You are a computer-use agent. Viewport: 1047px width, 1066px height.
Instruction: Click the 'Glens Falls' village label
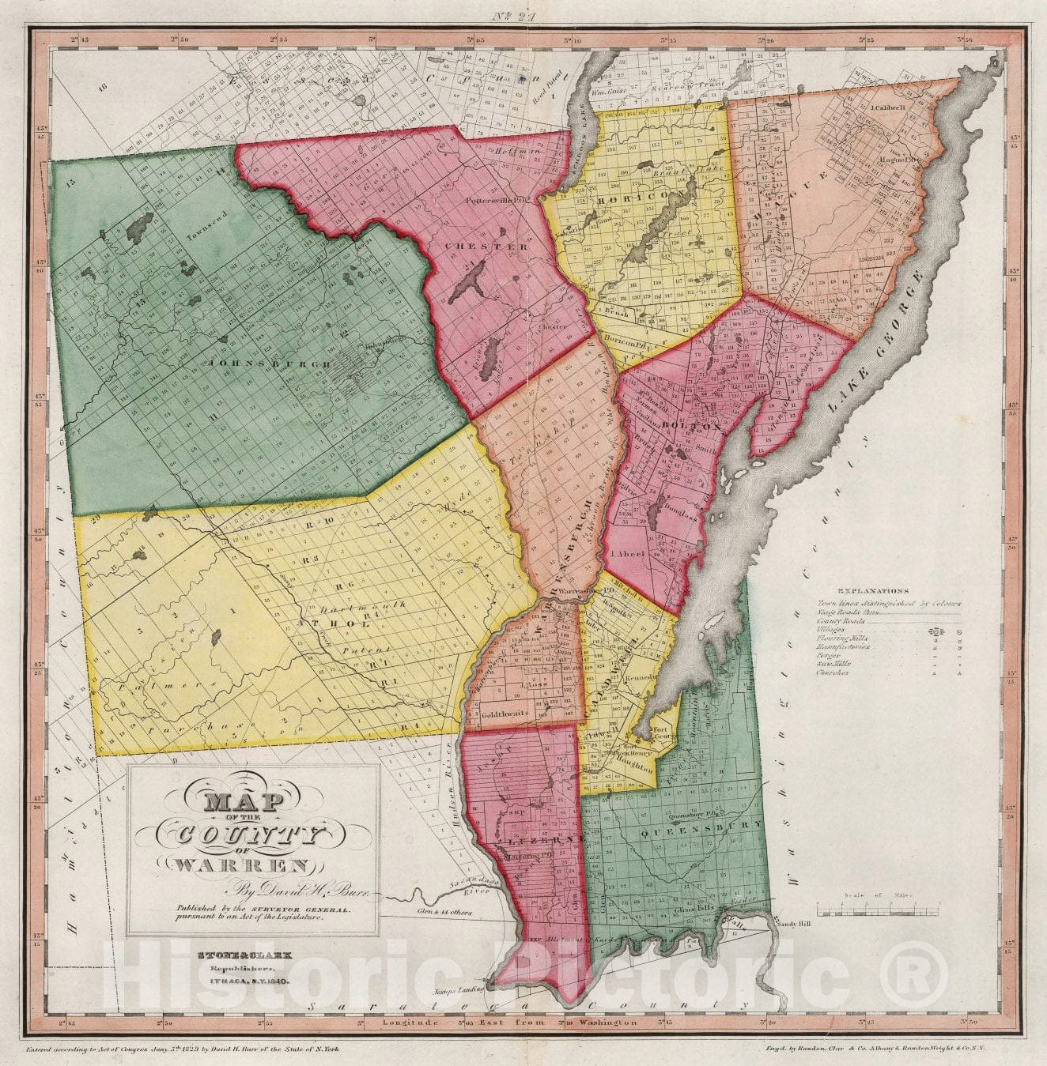695,908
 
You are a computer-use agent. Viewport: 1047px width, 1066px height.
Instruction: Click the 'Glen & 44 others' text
445,911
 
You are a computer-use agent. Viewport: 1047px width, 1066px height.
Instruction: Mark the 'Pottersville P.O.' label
496,198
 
